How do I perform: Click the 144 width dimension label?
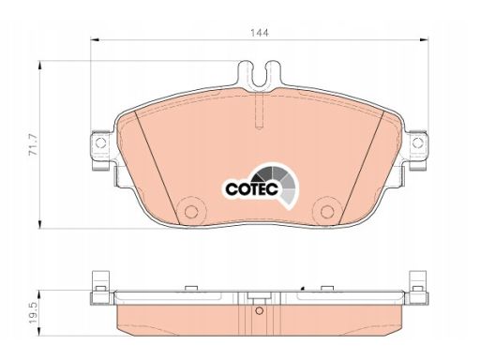[x=260, y=33]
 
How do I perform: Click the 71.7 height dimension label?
[x=33, y=144]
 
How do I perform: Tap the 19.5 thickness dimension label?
[x=33, y=313]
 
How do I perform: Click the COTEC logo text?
[x=251, y=188]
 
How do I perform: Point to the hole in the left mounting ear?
[x=100, y=143]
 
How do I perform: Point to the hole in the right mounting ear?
[x=418, y=143]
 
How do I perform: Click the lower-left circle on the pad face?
[x=191, y=212]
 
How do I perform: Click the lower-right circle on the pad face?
[x=327, y=212]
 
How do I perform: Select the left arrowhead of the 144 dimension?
[x=95, y=39]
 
